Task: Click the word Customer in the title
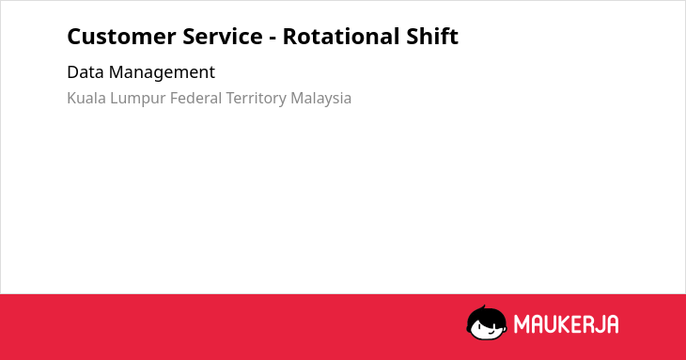tap(121, 37)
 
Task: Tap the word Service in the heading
tap(223, 37)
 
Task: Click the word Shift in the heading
tap(432, 36)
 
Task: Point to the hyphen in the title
tap(273, 39)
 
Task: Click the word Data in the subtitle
tap(85, 72)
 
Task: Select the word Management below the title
tap(162, 73)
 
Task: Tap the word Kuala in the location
tap(86, 98)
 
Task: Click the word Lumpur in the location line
tap(138, 100)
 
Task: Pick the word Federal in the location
tap(196, 98)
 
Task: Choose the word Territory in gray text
tap(256, 100)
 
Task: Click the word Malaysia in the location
tap(321, 100)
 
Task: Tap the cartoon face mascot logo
tap(487, 323)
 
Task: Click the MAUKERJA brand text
tap(566, 324)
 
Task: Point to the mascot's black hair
tap(485, 315)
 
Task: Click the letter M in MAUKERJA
tap(522, 324)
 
